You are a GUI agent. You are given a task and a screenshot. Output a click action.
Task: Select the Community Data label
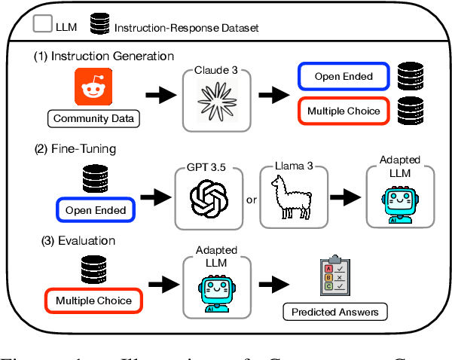tap(93, 118)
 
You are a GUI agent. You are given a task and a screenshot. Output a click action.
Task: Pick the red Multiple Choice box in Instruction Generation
tap(343, 111)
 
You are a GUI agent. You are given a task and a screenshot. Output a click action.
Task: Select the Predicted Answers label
tap(334, 312)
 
